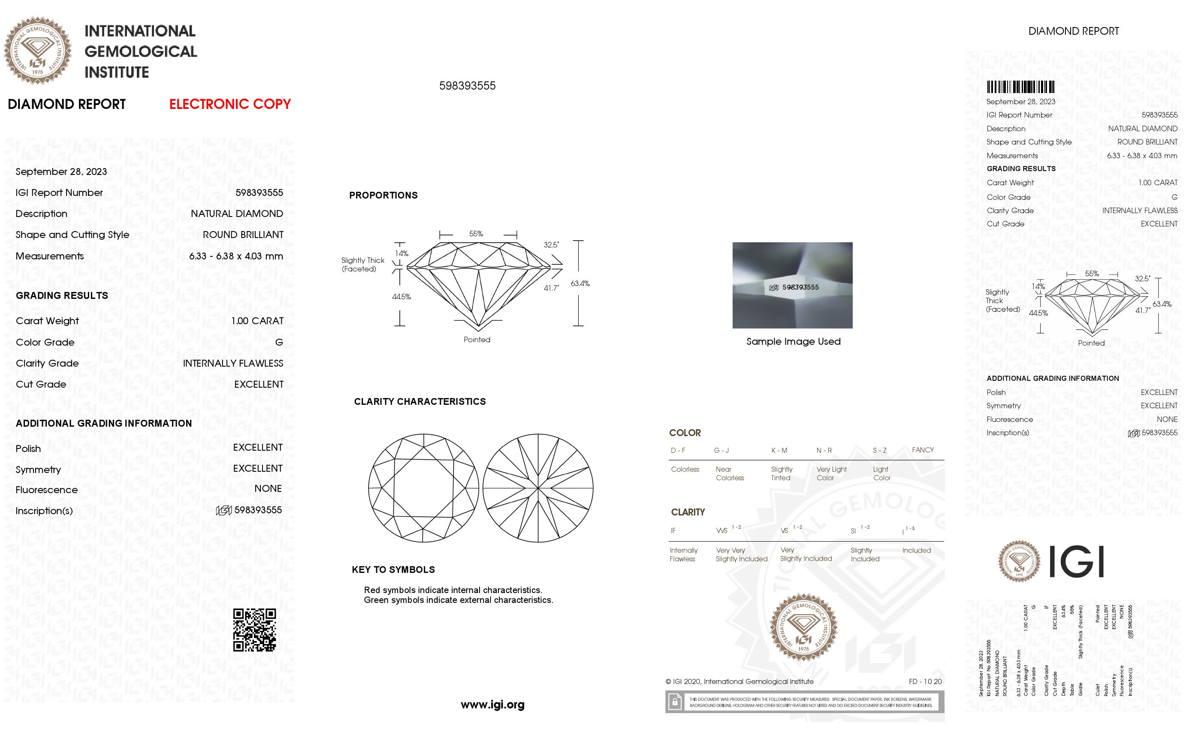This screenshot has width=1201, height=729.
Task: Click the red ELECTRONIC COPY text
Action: point(229,104)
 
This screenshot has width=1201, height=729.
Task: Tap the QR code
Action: point(254,630)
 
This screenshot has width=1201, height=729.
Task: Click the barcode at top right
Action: point(1020,87)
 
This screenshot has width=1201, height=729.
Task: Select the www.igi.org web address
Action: point(492,704)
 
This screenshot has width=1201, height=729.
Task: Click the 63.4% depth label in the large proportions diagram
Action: point(580,283)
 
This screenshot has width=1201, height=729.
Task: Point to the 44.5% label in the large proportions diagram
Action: point(401,296)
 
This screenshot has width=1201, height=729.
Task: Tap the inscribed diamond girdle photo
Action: point(792,285)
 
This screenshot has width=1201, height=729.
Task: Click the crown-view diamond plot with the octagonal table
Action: point(423,488)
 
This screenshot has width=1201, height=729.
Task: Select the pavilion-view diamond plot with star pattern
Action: point(537,488)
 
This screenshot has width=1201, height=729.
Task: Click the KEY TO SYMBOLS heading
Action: point(393,569)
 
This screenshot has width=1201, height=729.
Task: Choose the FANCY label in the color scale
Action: point(922,450)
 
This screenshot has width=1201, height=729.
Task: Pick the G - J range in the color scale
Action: point(721,450)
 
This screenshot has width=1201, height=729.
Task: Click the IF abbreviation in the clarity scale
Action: point(673,531)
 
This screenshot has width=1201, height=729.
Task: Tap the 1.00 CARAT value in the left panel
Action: point(257,321)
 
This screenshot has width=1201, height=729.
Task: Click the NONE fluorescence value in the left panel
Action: point(268,488)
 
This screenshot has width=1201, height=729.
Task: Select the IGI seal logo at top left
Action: point(38,51)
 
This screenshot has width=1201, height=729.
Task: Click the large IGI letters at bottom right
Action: point(1075,561)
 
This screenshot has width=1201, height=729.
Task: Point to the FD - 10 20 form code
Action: point(925,681)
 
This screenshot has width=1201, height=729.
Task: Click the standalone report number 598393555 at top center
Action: point(467,86)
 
